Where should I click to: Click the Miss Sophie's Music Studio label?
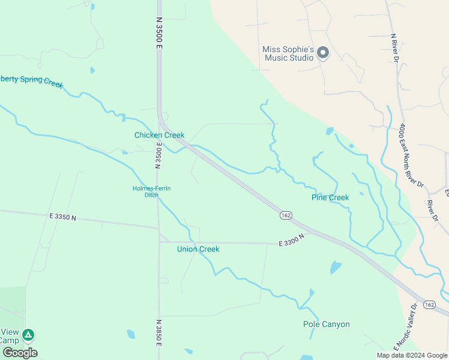(288, 53)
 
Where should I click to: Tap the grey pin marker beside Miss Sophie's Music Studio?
(323, 53)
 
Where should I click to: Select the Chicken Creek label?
(159, 135)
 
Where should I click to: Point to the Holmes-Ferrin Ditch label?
(151, 192)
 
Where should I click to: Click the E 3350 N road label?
(62, 217)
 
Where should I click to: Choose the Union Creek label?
(198, 249)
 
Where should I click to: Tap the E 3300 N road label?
(292, 240)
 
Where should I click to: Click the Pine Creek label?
(330, 197)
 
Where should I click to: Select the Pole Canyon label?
(326, 324)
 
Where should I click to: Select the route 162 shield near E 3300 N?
(286, 215)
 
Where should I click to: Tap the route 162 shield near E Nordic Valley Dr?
(429, 305)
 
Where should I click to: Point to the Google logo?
(19, 353)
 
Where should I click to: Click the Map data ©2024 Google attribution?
(412, 355)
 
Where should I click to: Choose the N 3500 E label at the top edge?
(159, 21)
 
